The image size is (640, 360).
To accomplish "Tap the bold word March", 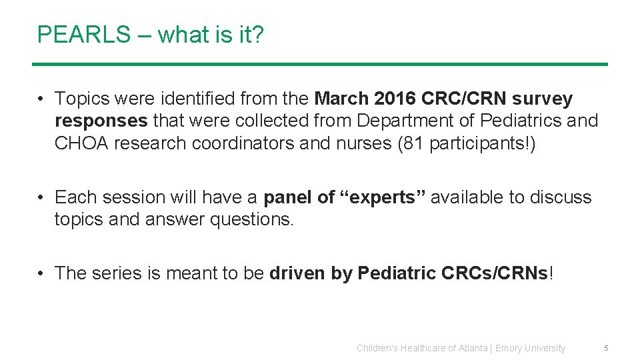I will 341,99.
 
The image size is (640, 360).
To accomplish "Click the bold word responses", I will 101,121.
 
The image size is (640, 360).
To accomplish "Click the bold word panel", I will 288,197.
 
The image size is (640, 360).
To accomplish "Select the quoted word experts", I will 379,197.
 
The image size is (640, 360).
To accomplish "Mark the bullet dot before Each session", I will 41,197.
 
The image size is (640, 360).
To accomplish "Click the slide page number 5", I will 606,348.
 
